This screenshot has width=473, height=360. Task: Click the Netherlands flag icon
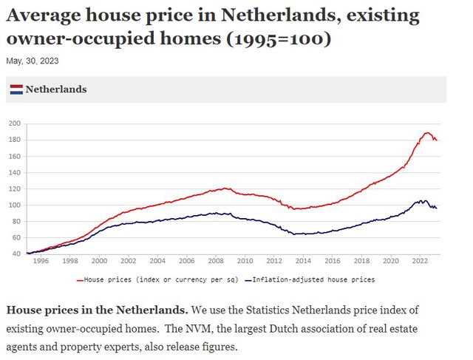(x=16, y=89)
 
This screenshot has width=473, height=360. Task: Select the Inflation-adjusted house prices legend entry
(x=313, y=280)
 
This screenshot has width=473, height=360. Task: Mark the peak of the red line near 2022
(x=427, y=133)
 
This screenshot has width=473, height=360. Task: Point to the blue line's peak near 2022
(x=421, y=200)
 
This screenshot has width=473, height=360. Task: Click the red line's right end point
(x=437, y=140)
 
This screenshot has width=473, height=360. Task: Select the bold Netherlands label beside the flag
(x=56, y=89)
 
